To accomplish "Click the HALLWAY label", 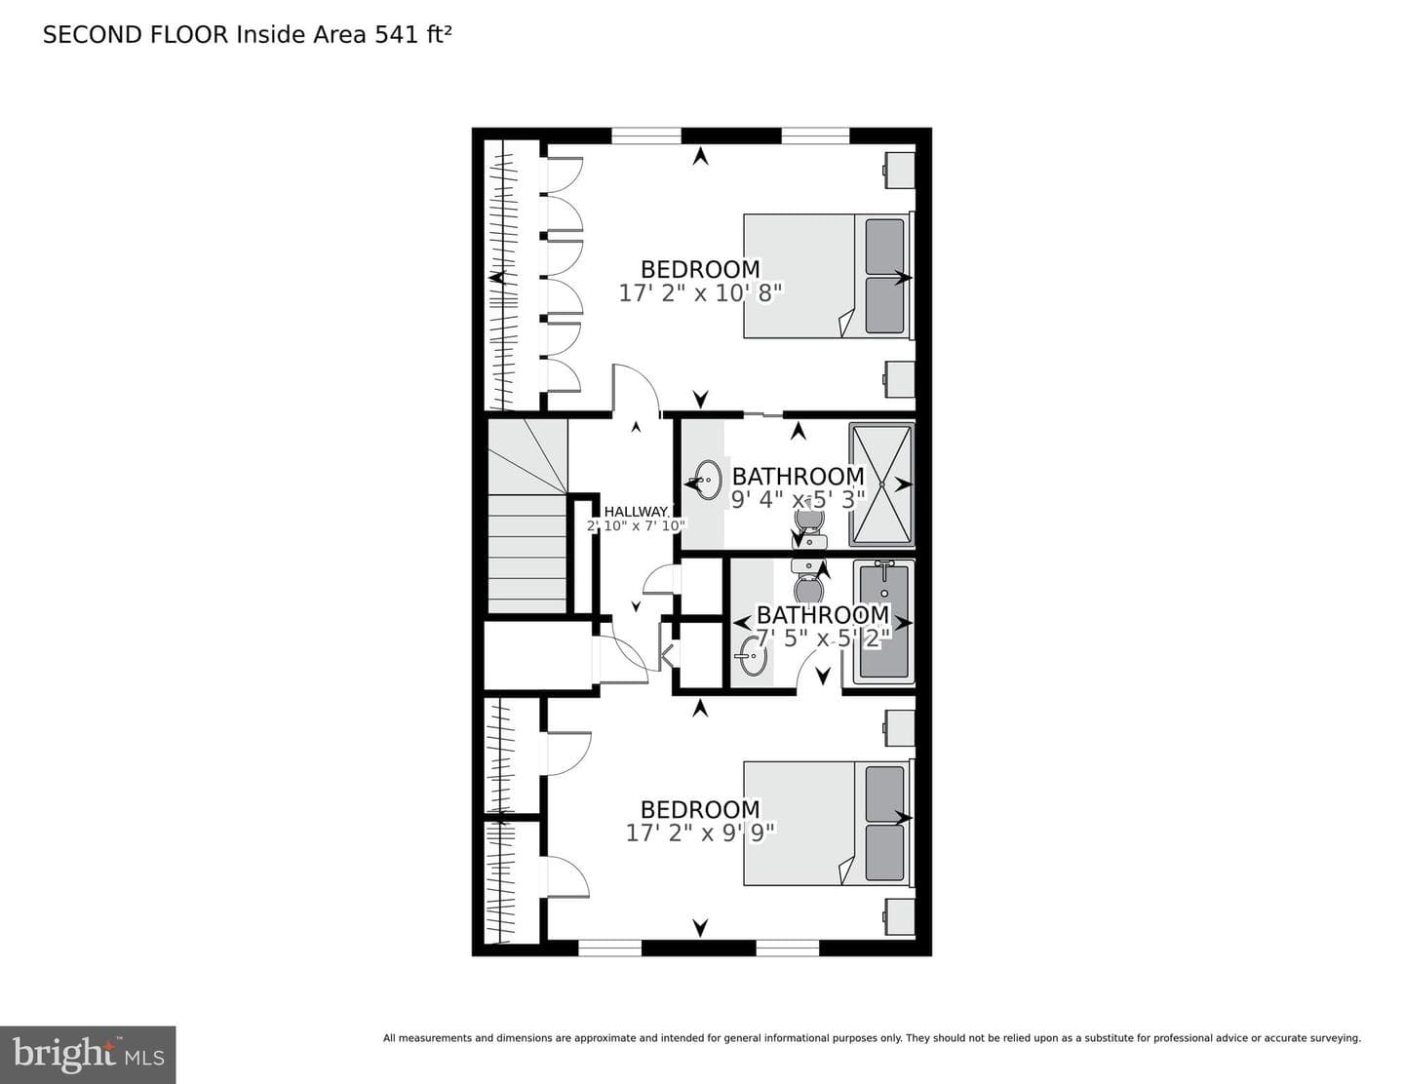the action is click(x=637, y=512).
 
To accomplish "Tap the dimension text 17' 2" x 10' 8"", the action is click(x=700, y=293).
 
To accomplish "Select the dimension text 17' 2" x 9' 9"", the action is click(x=700, y=833).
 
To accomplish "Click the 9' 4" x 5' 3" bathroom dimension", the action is click(x=798, y=499).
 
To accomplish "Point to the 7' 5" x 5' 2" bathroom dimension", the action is click(x=823, y=639).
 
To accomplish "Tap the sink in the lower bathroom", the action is click(x=753, y=656).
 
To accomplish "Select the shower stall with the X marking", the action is click(x=882, y=484).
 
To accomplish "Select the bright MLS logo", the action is click(x=88, y=1054).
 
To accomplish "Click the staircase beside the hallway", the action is click(x=527, y=516).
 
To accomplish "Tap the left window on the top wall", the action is click(x=646, y=135).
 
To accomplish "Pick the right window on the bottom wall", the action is click(x=788, y=948).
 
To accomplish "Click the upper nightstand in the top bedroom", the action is click(x=899, y=171).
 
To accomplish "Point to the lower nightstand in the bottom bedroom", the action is click(x=899, y=916).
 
